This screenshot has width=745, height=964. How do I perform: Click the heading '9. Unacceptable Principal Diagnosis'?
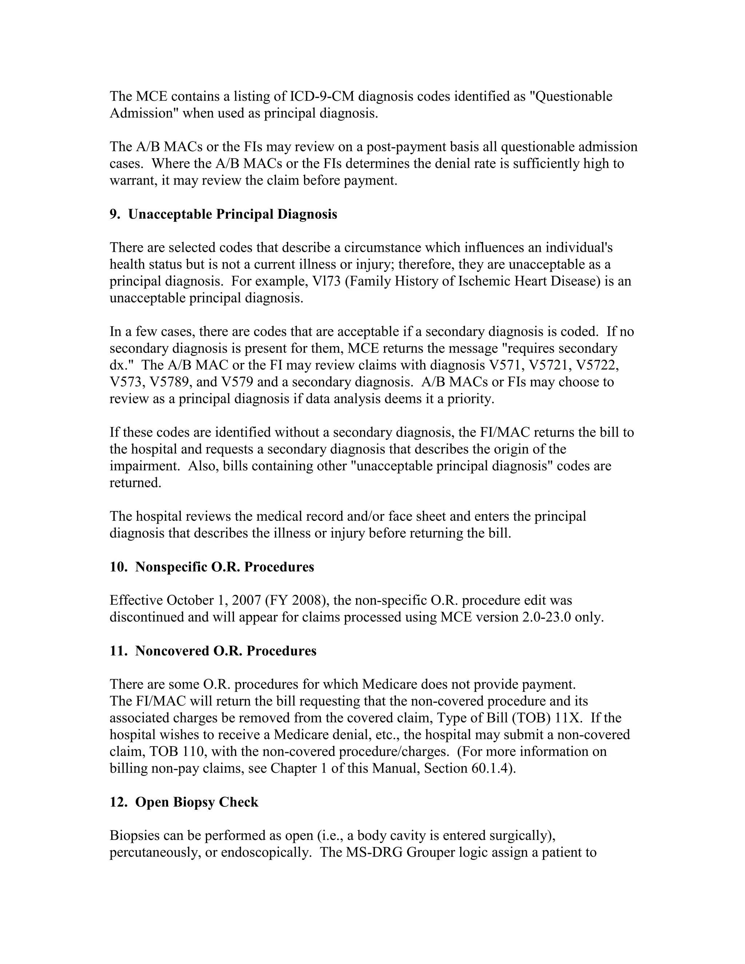coord(223,215)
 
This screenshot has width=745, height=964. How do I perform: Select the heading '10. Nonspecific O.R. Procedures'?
coord(211,567)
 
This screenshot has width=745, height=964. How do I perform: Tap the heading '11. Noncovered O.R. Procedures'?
coord(213,651)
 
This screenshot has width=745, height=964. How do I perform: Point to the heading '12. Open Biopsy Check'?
coord(184,802)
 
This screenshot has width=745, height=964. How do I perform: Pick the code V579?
coord(237,382)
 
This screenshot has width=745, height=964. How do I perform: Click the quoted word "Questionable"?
coord(571,97)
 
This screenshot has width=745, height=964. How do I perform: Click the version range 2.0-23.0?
coord(546,618)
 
